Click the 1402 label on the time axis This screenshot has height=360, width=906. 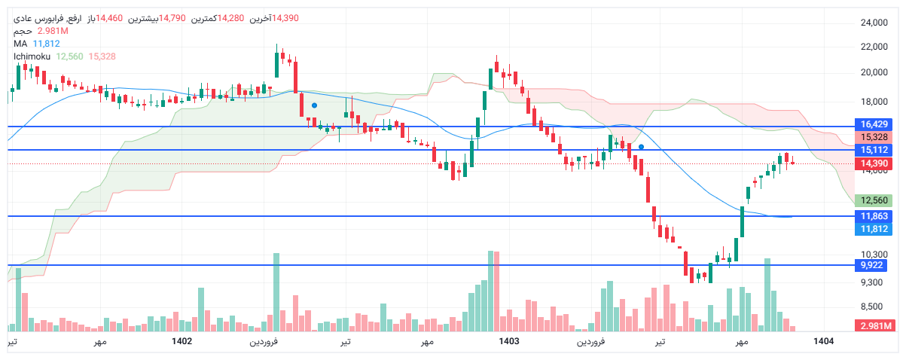[182, 341]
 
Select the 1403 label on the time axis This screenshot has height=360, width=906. [509, 341]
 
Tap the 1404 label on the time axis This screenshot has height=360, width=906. [824, 341]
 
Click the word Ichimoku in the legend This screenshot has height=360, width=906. [32, 56]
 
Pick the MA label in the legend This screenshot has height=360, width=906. [20, 44]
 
